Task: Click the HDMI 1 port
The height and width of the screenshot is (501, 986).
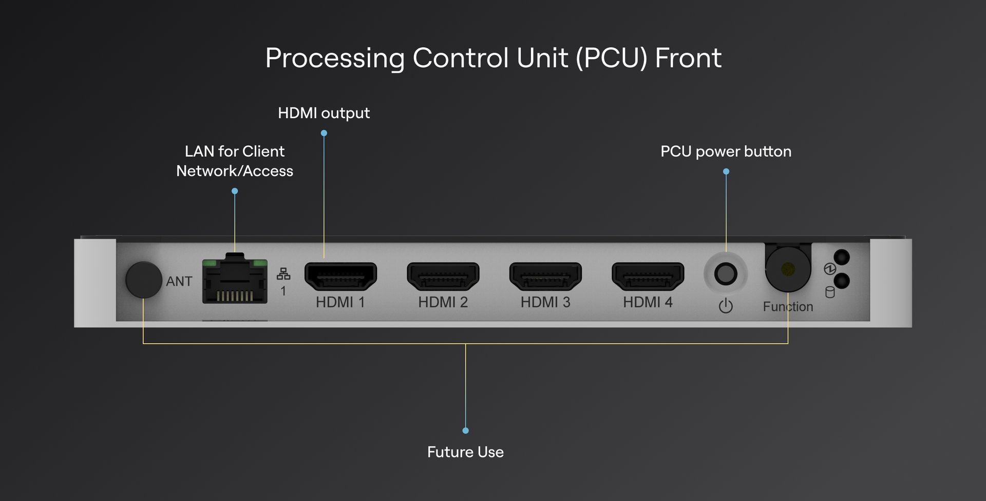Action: (340, 276)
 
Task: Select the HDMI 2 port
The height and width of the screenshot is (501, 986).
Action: (443, 276)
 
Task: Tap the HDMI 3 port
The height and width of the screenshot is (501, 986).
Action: (545, 276)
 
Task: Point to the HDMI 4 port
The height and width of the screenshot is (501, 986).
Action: (648, 276)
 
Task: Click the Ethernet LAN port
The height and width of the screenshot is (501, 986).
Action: (235, 280)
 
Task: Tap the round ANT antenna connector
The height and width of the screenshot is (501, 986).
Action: (144, 280)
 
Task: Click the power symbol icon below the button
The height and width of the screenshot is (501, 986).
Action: (726, 306)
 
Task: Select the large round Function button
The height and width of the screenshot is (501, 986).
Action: (788, 269)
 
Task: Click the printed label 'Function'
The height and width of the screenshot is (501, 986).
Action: (788, 307)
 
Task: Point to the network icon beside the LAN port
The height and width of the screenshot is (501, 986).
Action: (283, 274)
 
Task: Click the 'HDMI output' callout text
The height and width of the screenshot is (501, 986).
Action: (324, 113)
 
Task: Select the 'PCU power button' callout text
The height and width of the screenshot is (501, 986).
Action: (726, 152)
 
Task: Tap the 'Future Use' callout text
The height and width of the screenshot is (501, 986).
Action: (465, 452)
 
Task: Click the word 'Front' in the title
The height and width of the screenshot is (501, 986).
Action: (688, 58)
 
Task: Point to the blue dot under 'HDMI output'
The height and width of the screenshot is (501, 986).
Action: (324, 133)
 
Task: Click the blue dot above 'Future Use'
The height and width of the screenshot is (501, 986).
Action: (465, 431)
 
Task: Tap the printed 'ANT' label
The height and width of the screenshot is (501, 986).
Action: (179, 282)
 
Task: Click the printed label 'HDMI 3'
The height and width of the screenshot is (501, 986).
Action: (545, 302)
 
